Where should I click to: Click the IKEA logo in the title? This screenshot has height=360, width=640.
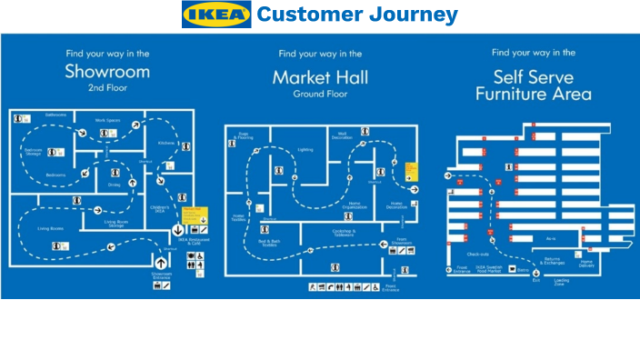[x=216, y=15]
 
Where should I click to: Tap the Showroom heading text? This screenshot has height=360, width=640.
[x=106, y=72]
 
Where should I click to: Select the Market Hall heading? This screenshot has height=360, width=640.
[x=320, y=78]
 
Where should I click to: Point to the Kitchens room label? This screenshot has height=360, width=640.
[x=165, y=143]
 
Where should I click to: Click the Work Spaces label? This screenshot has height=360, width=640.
[x=107, y=120]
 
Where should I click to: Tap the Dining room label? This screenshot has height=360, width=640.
[x=114, y=185]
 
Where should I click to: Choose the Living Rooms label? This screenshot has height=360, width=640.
[x=49, y=229]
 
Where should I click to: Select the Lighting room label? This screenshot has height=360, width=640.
[x=305, y=149]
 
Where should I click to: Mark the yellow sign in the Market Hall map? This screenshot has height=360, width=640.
[x=411, y=170]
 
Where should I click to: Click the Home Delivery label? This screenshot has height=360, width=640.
[x=586, y=263]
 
